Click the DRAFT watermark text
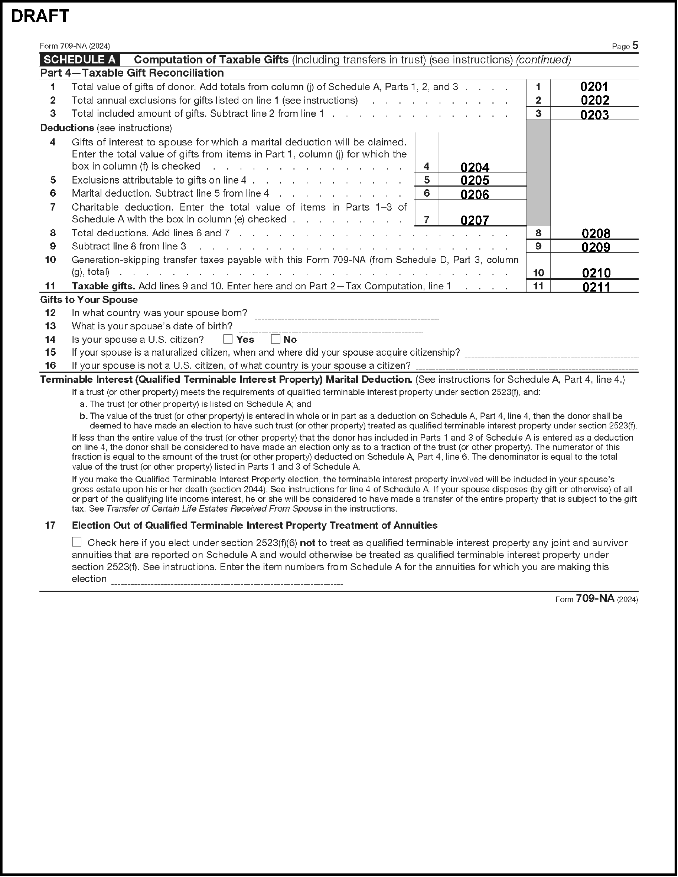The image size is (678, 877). tap(40, 16)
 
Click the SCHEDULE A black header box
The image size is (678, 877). tap(79, 60)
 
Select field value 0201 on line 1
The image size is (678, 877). tap(594, 87)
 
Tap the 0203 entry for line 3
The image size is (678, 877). tap(594, 115)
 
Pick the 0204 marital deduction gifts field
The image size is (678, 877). tap(475, 167)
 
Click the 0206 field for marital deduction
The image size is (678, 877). tap(475, 195)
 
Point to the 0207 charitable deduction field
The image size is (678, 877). tap(475, 220)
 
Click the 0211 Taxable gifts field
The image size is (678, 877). tap(596, 287)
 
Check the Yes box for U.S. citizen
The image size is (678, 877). tap(228, 339)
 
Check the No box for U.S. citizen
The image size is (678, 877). tap(275, 339)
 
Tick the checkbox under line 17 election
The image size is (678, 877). tap(77, 542)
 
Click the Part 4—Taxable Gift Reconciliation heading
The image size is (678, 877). tap(132, 73)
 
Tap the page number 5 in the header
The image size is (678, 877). tap(635, 45)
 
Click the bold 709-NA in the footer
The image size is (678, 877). tap(595, 599)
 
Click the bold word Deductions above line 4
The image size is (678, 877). tap(67, 128)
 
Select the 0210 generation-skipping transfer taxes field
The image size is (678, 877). tap(596, 273)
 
